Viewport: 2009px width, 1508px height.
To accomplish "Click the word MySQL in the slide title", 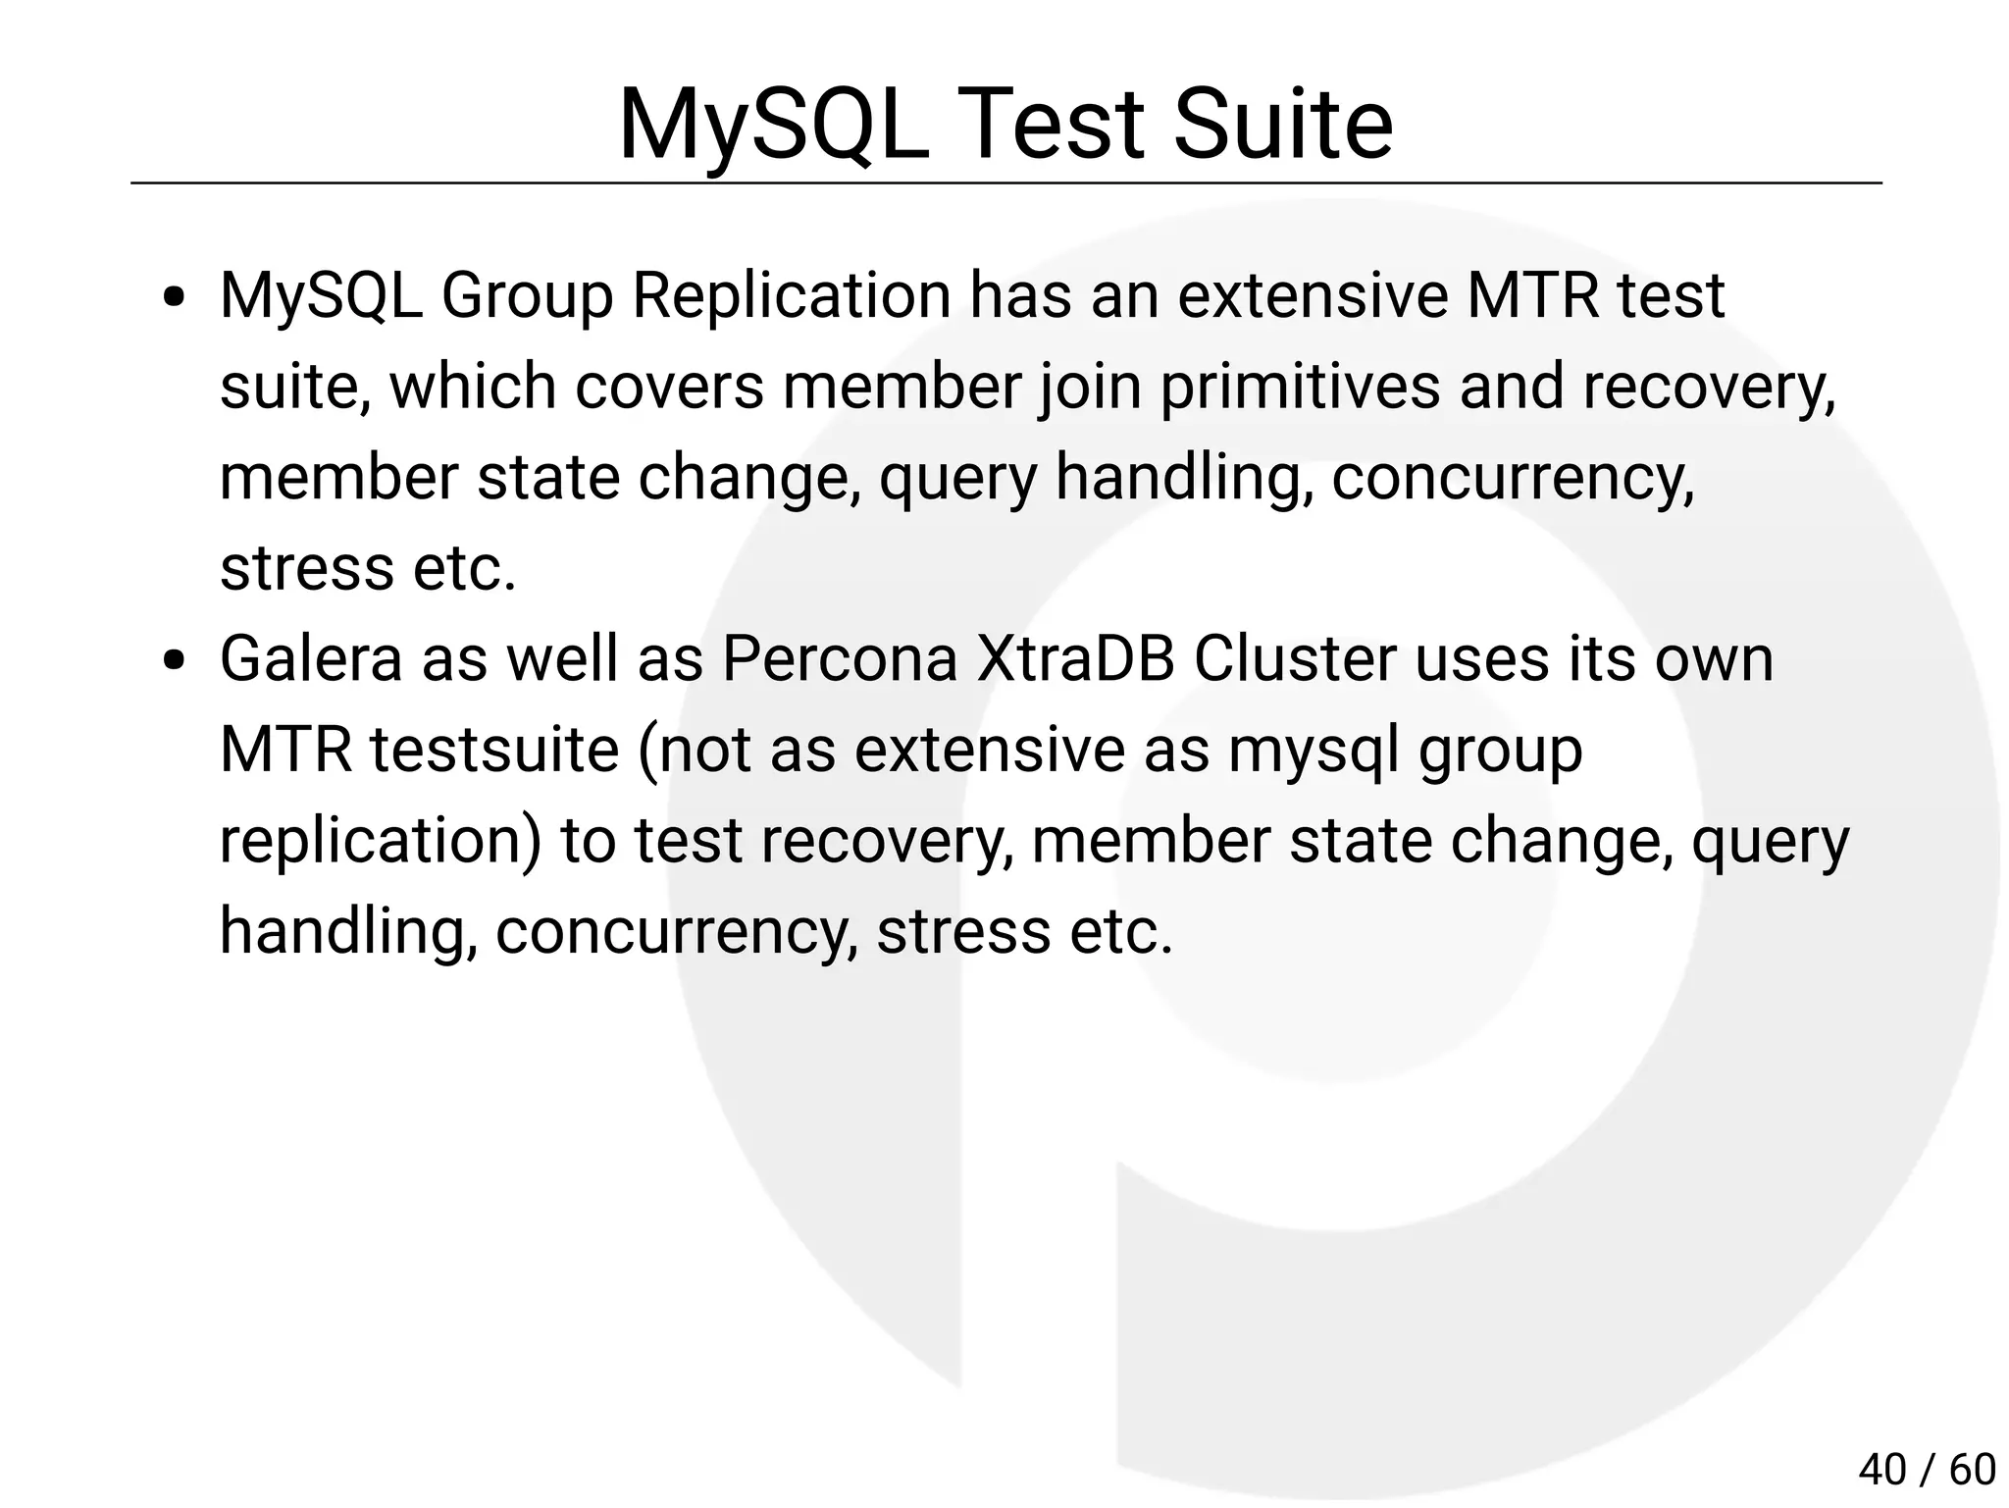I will [773, 125].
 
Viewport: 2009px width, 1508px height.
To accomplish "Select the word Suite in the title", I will [1282, 125].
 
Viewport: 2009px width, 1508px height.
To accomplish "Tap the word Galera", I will [311, 658].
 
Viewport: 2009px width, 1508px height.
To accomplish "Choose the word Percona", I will [839, 658].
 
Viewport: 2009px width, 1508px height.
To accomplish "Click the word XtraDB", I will [1075, 658].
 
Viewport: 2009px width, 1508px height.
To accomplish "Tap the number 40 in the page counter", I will [1881, 1469].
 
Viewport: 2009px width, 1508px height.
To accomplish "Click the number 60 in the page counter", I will [1972, 1469].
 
